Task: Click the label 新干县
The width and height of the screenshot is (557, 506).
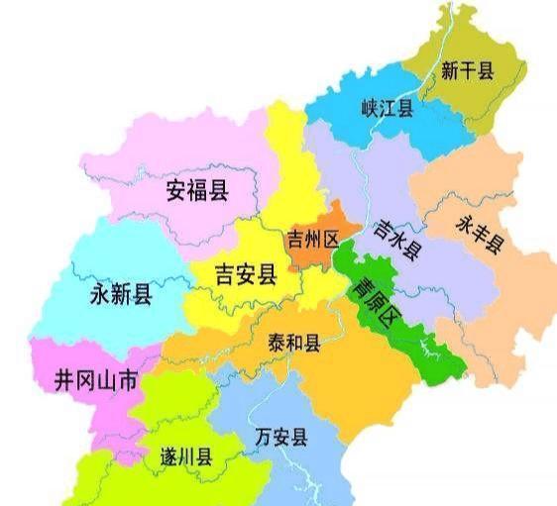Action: [467, 71]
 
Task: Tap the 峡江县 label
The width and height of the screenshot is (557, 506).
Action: [387, 107]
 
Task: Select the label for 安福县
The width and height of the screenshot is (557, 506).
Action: [197, 189]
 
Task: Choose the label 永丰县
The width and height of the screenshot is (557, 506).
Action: [480, 235]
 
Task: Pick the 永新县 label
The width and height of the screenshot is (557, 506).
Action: [121, 293]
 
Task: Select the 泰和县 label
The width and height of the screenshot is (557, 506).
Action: [294, 343]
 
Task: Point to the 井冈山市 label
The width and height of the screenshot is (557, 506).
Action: [96, 380]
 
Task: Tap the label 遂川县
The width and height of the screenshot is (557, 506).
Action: [187, 457]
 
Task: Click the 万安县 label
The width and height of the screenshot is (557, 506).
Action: [280, 437]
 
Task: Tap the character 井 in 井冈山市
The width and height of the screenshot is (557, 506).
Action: [64, 380]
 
